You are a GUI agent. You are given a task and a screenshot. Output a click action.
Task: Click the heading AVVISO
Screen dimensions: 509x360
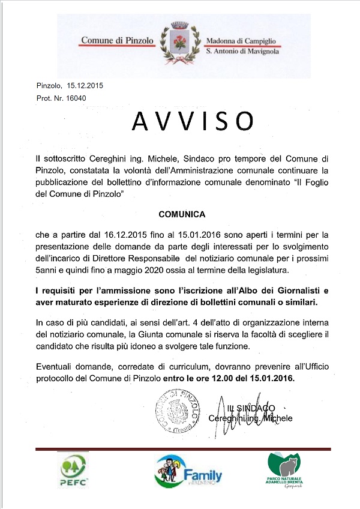[191, 121]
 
